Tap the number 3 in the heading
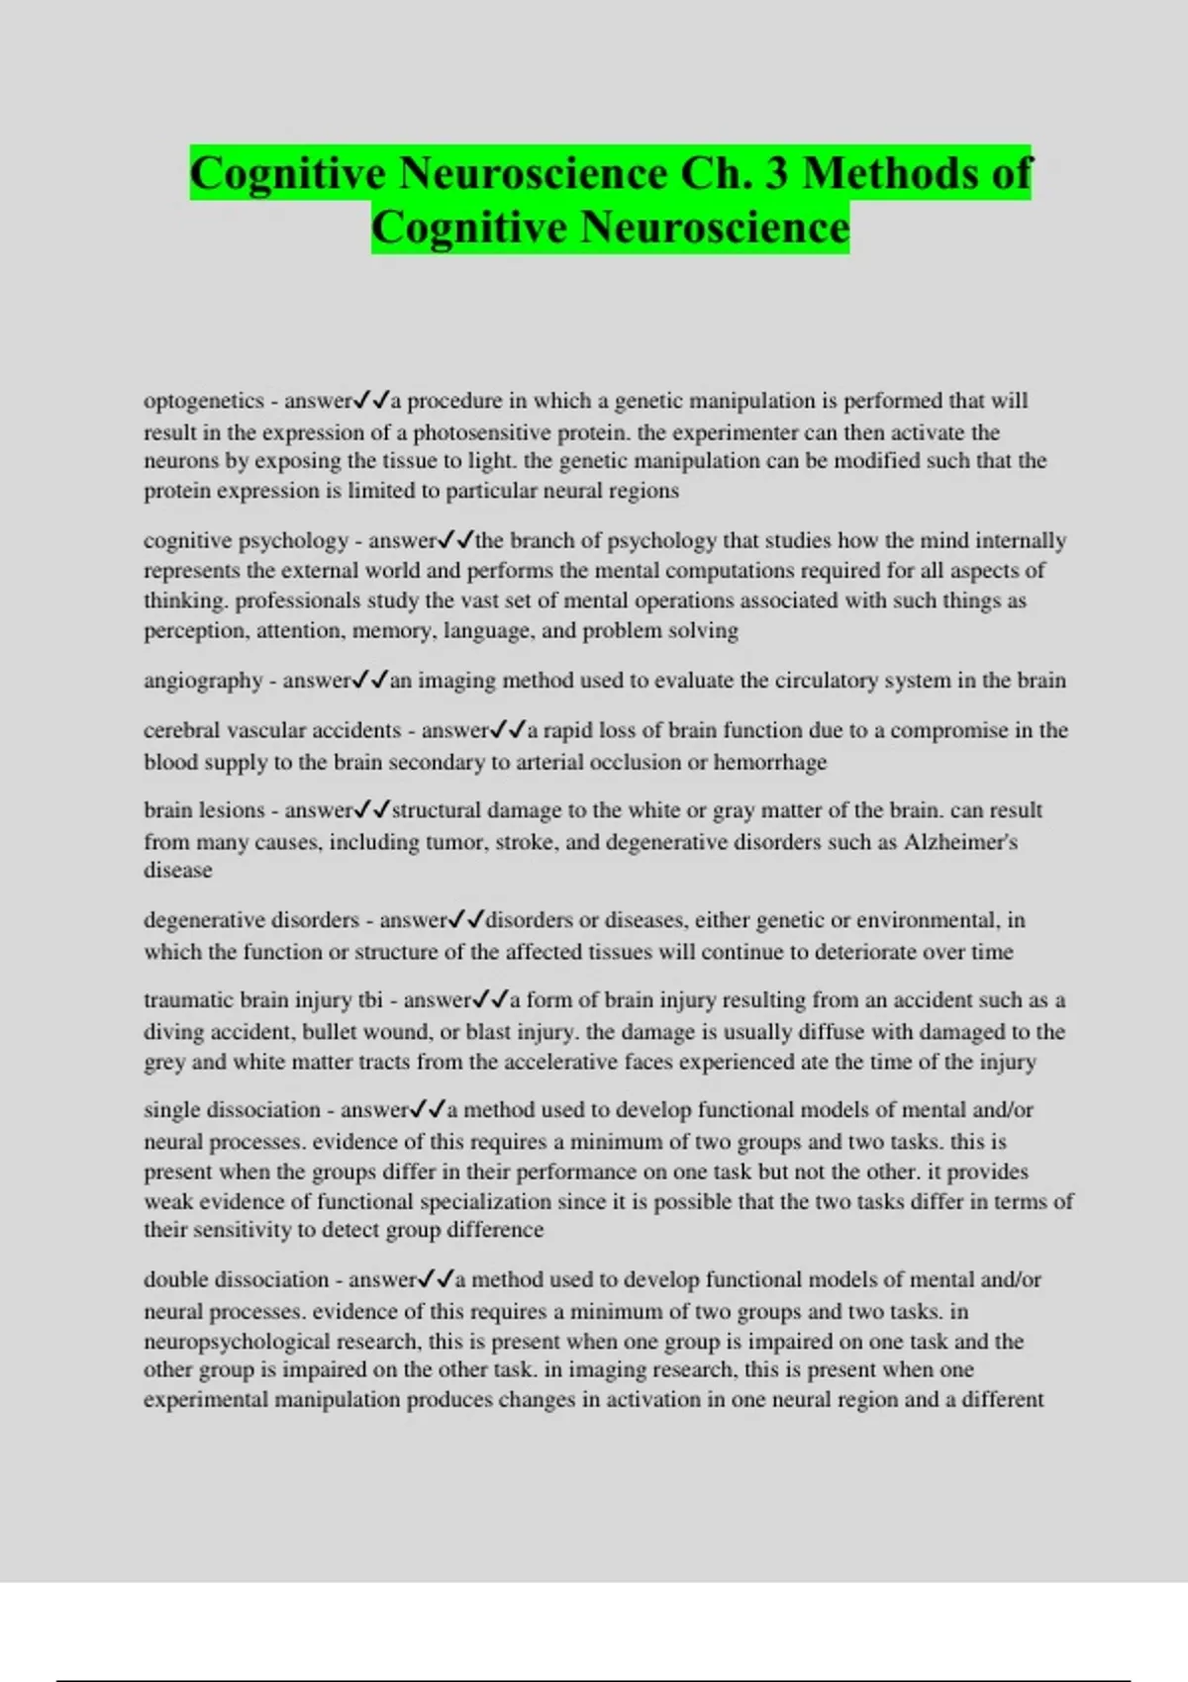(x=776, y=173)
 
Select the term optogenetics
(x=204, y=401)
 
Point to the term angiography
(x=203, y=681)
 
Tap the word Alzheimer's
(x=960, y=842)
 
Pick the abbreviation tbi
(x=370, y=1000)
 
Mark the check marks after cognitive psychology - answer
(x=456, y=540)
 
